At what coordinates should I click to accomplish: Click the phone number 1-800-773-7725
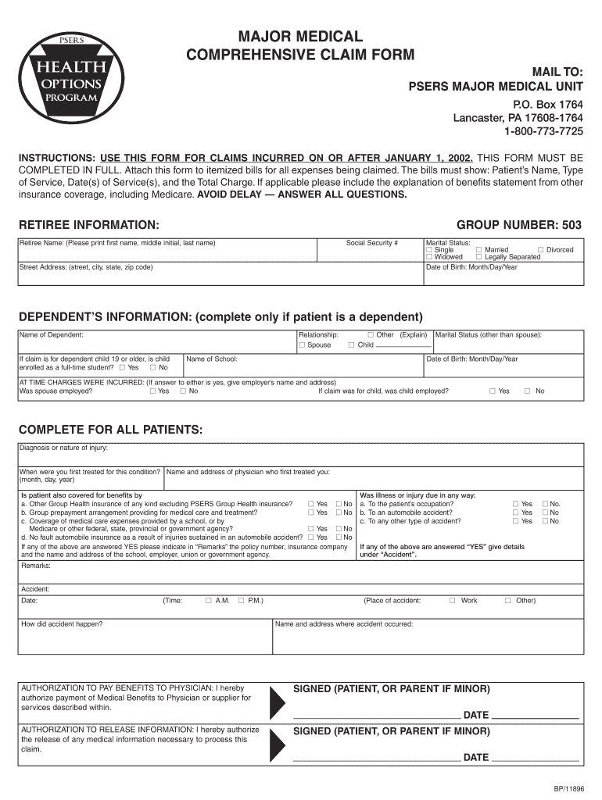coord(543,130)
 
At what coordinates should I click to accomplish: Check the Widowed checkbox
coord(429,257)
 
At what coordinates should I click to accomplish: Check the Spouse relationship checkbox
coord(302,345)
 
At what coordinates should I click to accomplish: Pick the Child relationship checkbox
coord(352,345)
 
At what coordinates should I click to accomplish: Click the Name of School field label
coord(212,359)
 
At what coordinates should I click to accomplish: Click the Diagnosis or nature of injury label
coord(64,448)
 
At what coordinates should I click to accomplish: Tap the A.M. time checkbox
coord(208,601)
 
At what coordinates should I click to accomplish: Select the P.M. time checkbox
coord(241,601)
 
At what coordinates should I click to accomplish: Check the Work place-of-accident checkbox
coord(453,601)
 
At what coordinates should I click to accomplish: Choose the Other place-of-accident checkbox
coord(507,601)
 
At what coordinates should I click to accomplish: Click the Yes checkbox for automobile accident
coord(515,512)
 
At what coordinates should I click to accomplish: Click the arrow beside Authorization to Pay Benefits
coord(278,702)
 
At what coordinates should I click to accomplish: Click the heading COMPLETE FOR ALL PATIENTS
coord(110,430)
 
